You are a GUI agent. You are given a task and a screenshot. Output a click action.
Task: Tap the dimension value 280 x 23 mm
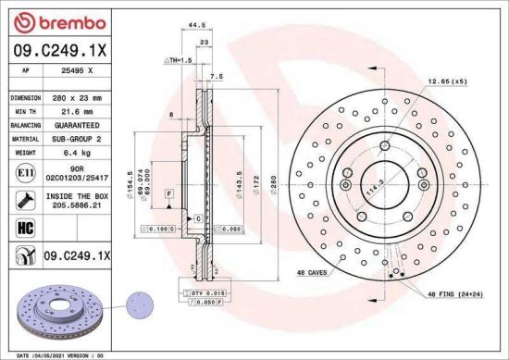point(78,97)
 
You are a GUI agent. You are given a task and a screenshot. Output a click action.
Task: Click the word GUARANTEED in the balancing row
point(78,124)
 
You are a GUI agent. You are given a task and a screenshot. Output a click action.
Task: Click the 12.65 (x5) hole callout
point(447,82)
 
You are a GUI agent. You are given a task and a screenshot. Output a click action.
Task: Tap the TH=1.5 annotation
point(179,60)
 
